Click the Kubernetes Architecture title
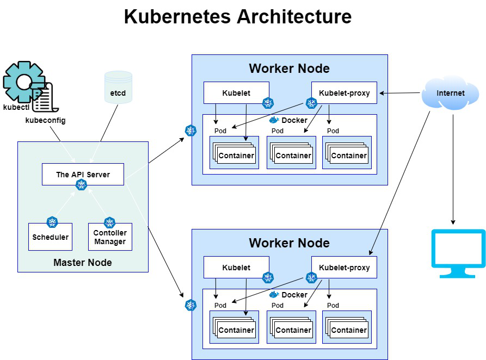[x=237, y=17]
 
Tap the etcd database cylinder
[x=118, y=88]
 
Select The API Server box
[x=83, y=175]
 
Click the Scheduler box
[x=50, y=237]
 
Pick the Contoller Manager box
[x=110, y=237]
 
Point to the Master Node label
[x=83, y=263]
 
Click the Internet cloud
[x=450, y=93]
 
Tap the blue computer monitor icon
[x=458, y=253]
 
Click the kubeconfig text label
[x=45, y=120]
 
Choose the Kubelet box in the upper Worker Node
[x=236, y=93]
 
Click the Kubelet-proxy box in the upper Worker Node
[x=344, y=93]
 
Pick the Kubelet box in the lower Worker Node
[x=236, y=268]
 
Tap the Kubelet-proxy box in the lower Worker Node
[x=344, y=268]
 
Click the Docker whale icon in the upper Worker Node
[x=274, y=120]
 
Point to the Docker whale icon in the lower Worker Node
[x=274, y=294]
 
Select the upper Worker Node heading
[x=289, y=69]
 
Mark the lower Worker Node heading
[x=289, y=243]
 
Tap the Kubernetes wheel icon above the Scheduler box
[x=52, y=221]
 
